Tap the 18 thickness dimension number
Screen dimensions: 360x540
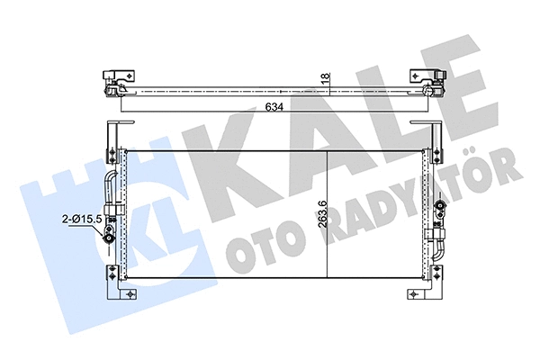pyautogui.click(x=329, y=78)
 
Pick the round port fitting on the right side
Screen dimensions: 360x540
pyautogui.click(x=440, y=209)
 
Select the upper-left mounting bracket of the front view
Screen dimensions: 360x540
pyautogui.click(x=110, y=135)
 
